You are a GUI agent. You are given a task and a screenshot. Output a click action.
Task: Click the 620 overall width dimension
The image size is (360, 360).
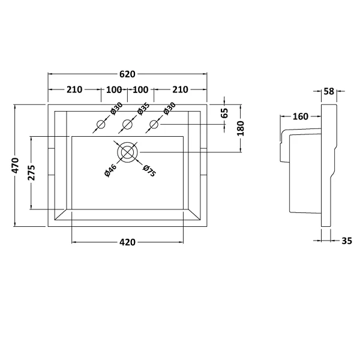tap(127, 74)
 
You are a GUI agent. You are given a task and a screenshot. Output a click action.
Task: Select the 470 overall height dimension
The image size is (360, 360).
tap(16, 166)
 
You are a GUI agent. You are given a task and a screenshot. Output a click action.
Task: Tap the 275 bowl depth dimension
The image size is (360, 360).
tap(31, 173)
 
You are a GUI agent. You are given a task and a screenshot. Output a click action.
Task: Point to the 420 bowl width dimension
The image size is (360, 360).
tap(127, 242)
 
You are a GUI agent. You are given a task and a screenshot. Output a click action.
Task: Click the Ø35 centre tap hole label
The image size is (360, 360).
tap(143, 109)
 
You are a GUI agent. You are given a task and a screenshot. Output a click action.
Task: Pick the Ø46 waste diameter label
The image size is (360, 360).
tap(110, 170)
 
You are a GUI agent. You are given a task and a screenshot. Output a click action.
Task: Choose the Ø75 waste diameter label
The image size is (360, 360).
tap(149, 171)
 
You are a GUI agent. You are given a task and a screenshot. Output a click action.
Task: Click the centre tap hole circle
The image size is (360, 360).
tap(127, 125)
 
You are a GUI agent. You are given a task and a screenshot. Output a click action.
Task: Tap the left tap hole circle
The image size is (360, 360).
tap(101, 125)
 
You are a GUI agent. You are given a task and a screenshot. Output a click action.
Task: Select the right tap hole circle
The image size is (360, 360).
tap(154, 125)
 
